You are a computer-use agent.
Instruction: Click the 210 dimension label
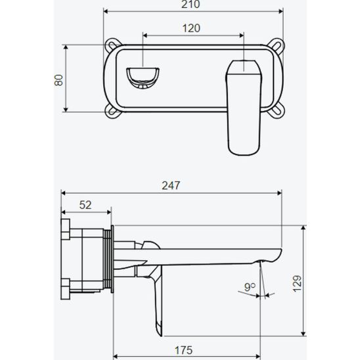pyautogui.click(x=191, y=5)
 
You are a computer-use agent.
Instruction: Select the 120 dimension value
pyautogui.click(x=191, y=28)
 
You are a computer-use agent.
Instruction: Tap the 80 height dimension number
pyautogui.click(x=58, y=79)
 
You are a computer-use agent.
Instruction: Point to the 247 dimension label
pyautogui.click(x=171, y=185)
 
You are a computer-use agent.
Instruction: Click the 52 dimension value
pyautogui.click(x=85, y=205)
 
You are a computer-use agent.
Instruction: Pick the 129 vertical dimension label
pyautogui.click(x=298, y=283)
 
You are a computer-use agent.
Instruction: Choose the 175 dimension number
pyautogui.click(x=183, y=350)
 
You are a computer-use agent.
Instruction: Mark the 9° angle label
pyautogui.click(x=250, y=287)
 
